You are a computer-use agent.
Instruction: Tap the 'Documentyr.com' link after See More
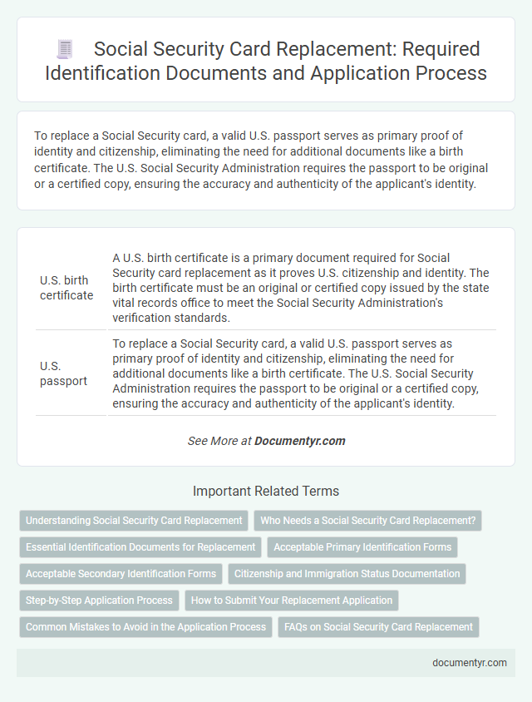tap(300, 441)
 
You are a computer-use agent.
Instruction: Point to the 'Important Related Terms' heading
tap(265, 491)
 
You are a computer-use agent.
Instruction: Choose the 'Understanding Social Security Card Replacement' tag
tap(134, 521)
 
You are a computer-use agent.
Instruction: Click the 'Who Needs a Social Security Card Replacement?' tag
tap(367, 521)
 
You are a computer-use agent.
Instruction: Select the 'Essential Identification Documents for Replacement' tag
tap(140, 547)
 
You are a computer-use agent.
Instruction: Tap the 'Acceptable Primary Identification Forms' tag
tap(362, 547)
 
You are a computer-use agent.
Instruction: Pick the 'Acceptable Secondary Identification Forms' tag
tap(121, 574)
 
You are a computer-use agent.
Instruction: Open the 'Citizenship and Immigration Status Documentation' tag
tap(347, 574)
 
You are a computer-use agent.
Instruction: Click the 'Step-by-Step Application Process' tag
tap(99, 601)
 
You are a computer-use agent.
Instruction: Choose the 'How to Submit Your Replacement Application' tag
tap(291, 601)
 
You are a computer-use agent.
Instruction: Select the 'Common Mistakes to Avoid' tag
tap(145, 627)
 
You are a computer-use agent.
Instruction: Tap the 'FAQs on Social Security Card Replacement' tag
tap(378, 627)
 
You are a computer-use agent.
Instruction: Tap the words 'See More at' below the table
tap(219, 441)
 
